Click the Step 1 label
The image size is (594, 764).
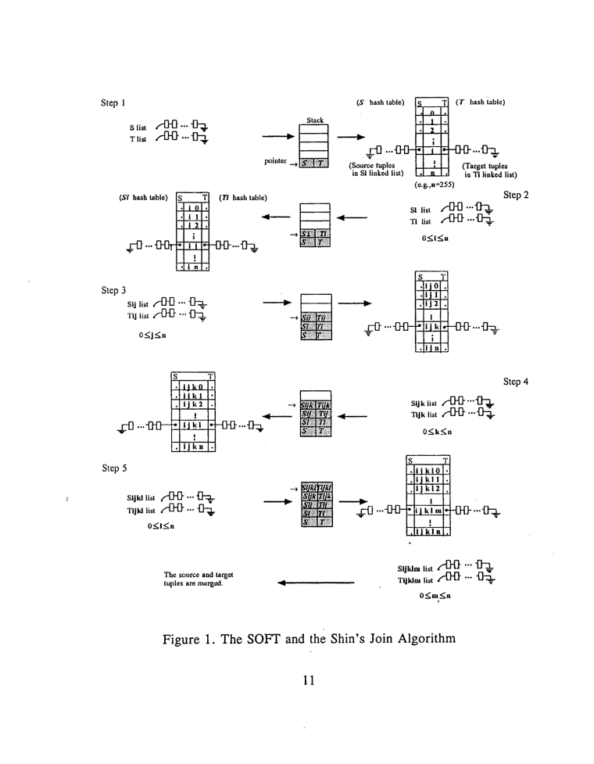[x=113, y=102]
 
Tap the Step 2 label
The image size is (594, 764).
[x=517, y=194]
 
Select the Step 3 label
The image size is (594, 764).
[x=113, y=289]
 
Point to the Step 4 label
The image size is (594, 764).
[x=517, y=382]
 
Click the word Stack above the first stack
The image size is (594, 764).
[x=315, y=120]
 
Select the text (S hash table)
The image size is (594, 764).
[x=381, y=102]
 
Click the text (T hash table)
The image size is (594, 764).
[x=481, y=102]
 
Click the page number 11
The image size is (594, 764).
[x=308, y=680]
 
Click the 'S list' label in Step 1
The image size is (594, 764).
[x=138, y=127]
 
